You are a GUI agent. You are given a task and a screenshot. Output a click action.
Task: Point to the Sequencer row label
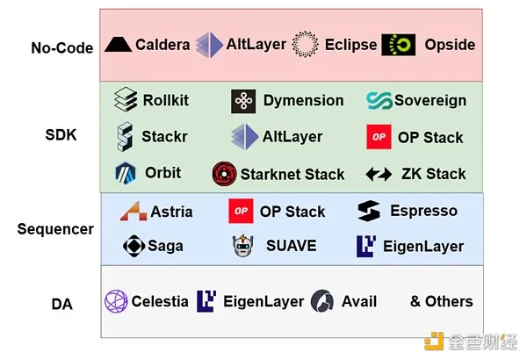point(55,229)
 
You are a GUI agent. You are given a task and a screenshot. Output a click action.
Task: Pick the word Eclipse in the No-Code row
point(350,45)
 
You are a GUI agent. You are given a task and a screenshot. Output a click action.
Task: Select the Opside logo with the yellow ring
point(399,44)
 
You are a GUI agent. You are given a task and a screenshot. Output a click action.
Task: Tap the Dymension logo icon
point(243,101)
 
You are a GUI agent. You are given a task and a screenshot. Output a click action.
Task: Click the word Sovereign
point(430,100)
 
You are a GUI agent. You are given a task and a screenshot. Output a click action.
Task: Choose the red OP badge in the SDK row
point(379,137)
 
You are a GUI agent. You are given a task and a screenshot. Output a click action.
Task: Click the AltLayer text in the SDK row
point(292,137)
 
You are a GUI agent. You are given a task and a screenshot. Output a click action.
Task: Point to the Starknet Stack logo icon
point(224,174)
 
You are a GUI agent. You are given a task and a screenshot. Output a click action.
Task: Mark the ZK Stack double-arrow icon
point(379,174)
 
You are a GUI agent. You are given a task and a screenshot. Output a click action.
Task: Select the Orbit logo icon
point(126,173)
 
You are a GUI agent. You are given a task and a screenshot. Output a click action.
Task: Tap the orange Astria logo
point(132,212)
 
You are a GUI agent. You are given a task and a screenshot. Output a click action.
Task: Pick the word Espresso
point(424,211)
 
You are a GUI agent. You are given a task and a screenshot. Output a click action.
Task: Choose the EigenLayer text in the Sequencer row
point(423,247)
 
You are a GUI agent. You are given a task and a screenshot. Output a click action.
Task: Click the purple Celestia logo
point(116,301)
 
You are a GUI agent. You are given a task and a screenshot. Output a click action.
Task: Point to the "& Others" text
point(441,301)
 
